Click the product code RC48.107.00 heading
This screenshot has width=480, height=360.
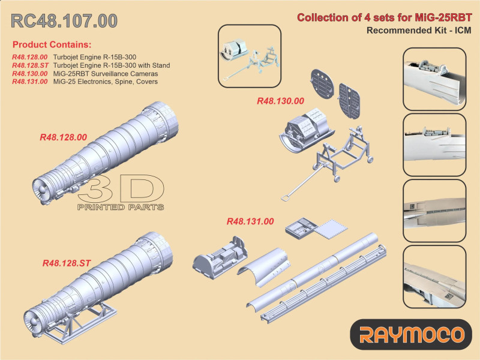tap(65, 20)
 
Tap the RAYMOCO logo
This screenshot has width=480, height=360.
tap(411, 334)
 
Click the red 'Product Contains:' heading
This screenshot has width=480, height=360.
tap(52, 45)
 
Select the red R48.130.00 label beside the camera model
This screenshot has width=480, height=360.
tap(280, 101)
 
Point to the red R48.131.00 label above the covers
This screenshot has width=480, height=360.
tap(250, 221)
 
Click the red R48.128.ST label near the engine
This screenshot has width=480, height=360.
tap(67, 263)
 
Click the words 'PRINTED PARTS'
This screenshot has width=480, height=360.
tap(120, 207)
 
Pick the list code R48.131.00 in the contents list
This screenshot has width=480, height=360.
tap(29, 81)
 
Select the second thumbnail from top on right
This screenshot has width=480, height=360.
tap(433, 145)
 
